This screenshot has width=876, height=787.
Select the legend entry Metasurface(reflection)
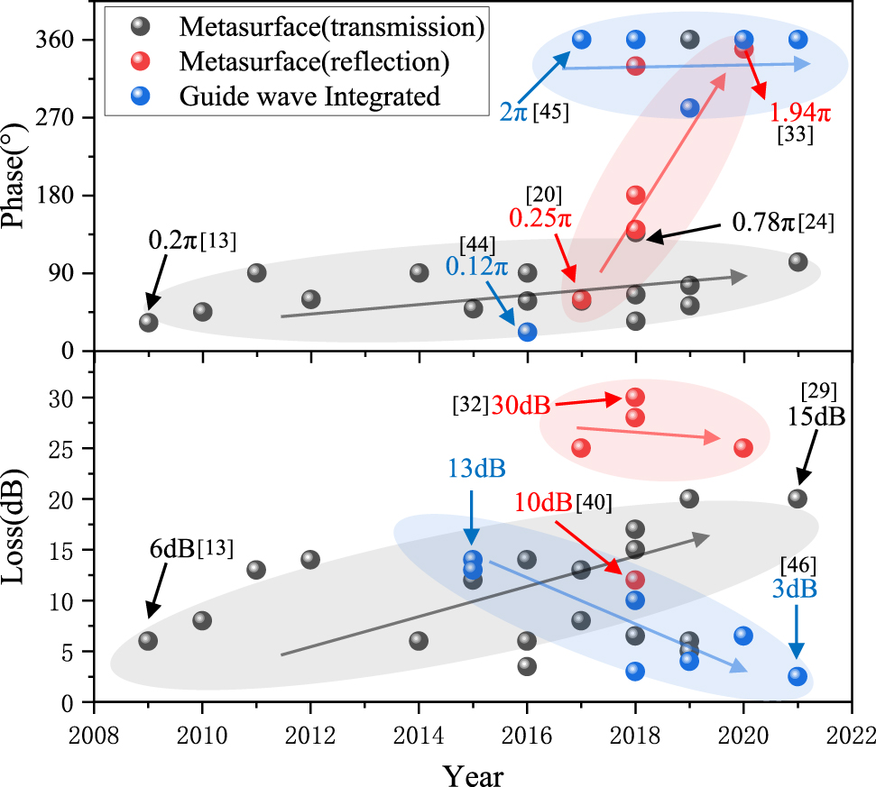click(314, 61)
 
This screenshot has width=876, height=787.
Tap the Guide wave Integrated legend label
click(309, 96)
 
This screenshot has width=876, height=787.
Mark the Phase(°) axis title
click(21, 177)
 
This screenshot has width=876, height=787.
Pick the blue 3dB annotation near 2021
click(796, 589)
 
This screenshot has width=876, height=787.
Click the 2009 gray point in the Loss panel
click(148, 641)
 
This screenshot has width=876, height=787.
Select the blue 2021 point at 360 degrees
click(798, 40)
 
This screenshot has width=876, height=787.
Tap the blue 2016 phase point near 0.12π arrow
click(528, 332)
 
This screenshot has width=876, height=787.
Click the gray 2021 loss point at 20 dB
click(798, 498)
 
